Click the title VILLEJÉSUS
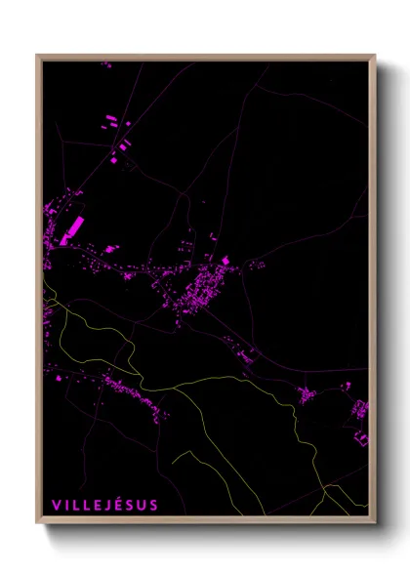coord(104,505)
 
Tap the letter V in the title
coord(56,505)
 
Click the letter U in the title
coord(143,505)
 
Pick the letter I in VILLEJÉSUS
coord(66,505)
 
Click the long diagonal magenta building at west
coord(72,231)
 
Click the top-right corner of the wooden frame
coord(375,56)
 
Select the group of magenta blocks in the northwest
coord(115,123)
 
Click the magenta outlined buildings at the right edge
coord(361,410)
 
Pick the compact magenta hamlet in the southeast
coord(307,395)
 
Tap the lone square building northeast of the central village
coord(225,260)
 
